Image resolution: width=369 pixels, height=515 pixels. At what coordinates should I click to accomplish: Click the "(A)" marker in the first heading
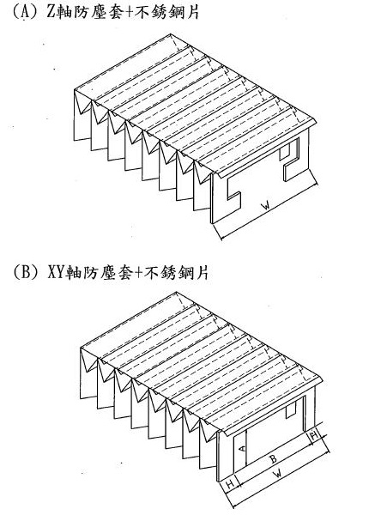click(25, 12)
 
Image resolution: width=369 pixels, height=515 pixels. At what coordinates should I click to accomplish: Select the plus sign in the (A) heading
click(126, 13)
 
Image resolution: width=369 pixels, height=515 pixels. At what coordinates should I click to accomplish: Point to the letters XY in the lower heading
click(56, 272)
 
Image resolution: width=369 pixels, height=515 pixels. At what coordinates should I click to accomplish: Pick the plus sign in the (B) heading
click(137, 273)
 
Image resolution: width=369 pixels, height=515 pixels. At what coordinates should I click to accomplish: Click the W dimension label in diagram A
click(266, 206)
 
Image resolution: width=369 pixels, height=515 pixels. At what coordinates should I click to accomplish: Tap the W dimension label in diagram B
click(278, 474)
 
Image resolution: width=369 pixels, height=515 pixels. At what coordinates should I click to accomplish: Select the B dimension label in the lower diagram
click(273, 459)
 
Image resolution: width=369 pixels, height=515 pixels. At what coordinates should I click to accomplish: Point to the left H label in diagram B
click(230, 484)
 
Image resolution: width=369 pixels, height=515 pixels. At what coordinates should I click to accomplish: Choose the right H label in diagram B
click(314, 435)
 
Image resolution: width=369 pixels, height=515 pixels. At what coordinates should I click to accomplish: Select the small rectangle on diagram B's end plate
click(291, 411)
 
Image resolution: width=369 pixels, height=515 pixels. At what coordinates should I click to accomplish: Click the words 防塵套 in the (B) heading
click(110, 273)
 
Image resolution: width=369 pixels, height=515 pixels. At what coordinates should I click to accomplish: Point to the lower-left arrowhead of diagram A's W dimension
click(222, 238)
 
